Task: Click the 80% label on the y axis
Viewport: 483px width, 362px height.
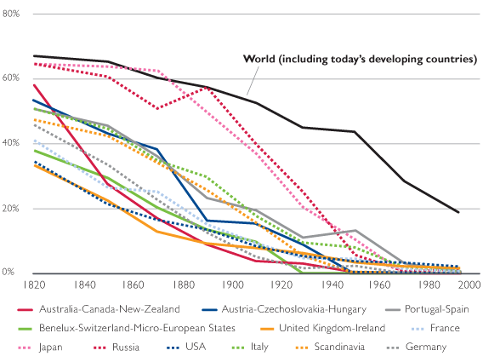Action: click(x=11, y=14)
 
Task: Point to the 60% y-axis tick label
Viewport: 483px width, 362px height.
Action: click(x=11, y=78)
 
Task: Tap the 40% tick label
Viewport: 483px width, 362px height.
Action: click(x=11, y=142)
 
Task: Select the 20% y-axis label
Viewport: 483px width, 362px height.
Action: click(x=11, y=208)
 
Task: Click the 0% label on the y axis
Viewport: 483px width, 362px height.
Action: click(x=9, y=272)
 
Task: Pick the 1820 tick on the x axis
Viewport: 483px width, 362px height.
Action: click(x=35, y=284)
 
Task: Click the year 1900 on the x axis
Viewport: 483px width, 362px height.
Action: click(x=233, y=284)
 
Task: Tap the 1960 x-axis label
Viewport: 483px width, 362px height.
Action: click(x=379, y=284)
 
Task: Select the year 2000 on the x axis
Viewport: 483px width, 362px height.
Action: click(x=469, y=284)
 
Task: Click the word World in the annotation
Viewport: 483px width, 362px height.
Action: click(x=259, y=59)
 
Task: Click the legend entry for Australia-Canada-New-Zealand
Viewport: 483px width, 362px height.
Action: click(x=110, y=309)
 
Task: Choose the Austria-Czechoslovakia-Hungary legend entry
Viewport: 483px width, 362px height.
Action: click(x=294, y=309)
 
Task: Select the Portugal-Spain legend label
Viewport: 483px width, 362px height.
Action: click(x=437, y=309)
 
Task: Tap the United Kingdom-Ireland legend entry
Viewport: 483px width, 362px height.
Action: click(x=332, y=328)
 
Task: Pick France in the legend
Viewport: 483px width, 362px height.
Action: click(x=445, y=328)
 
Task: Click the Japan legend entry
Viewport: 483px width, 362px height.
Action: click(x=51, y=348)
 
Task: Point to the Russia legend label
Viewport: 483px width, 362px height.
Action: click(x=126, y=347)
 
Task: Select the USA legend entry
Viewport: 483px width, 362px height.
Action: click(x=196, y=347)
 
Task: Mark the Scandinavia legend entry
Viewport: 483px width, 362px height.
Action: click(x=339, y=347)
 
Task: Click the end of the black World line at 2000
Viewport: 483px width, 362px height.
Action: click(x=458, y=212)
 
